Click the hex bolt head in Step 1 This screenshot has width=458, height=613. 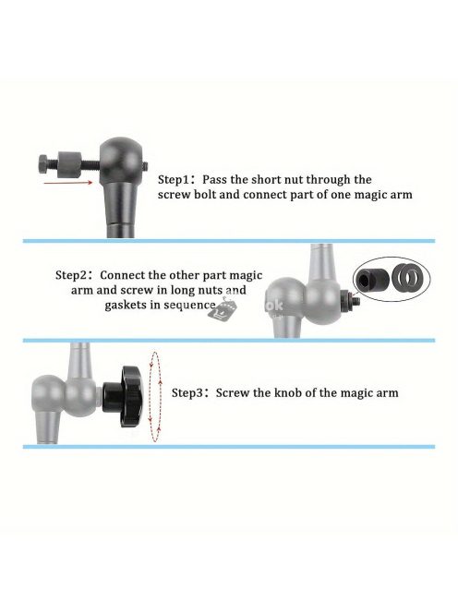[x=44, y=163]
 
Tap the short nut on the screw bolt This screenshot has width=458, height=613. [x=69, y=164]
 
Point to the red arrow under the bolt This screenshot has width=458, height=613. [x=68, y=183]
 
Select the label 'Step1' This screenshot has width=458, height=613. [x=174, y=180]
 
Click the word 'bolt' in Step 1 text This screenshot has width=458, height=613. [x=205, y=195]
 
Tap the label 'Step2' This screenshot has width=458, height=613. [x=71, y=275]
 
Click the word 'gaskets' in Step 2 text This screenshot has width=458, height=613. [x=126, y=306]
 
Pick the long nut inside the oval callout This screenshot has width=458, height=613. [x=369, y=279]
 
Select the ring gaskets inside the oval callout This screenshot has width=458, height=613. [x=408, y=279]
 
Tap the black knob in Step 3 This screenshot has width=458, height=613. [x=124, y=396]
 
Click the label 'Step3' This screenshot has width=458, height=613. [x=187, y=393]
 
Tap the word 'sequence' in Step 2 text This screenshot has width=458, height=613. [x=191, y=306]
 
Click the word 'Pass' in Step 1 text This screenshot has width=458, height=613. [x=214, y=180]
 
